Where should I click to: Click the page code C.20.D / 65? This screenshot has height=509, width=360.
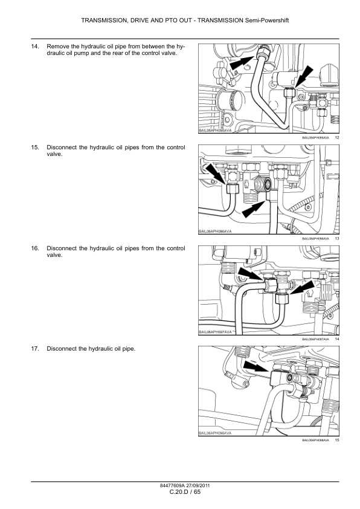(180, 493)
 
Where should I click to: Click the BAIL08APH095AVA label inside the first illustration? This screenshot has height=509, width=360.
(216, 130)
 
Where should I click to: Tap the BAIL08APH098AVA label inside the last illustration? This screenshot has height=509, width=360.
(216, 432)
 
